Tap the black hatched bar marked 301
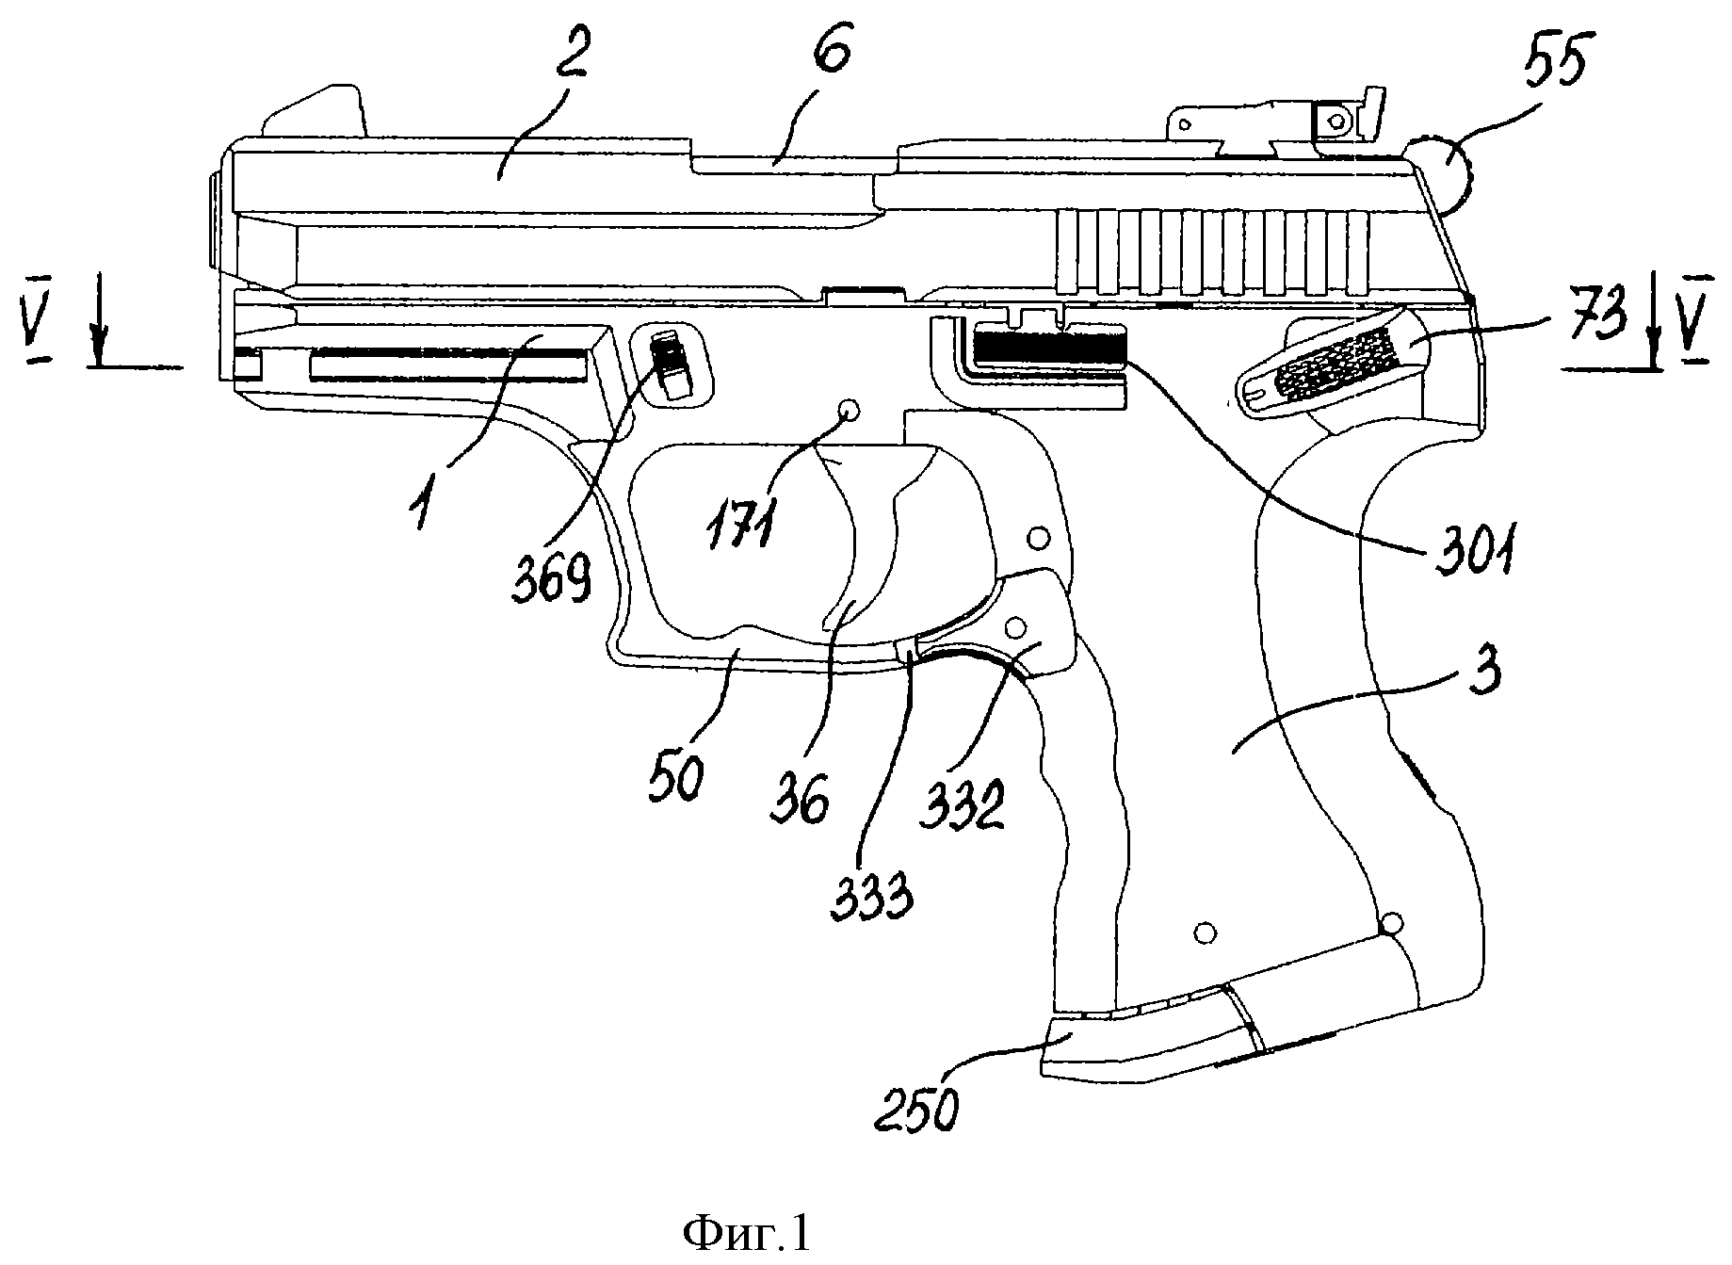[1049, 344]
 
